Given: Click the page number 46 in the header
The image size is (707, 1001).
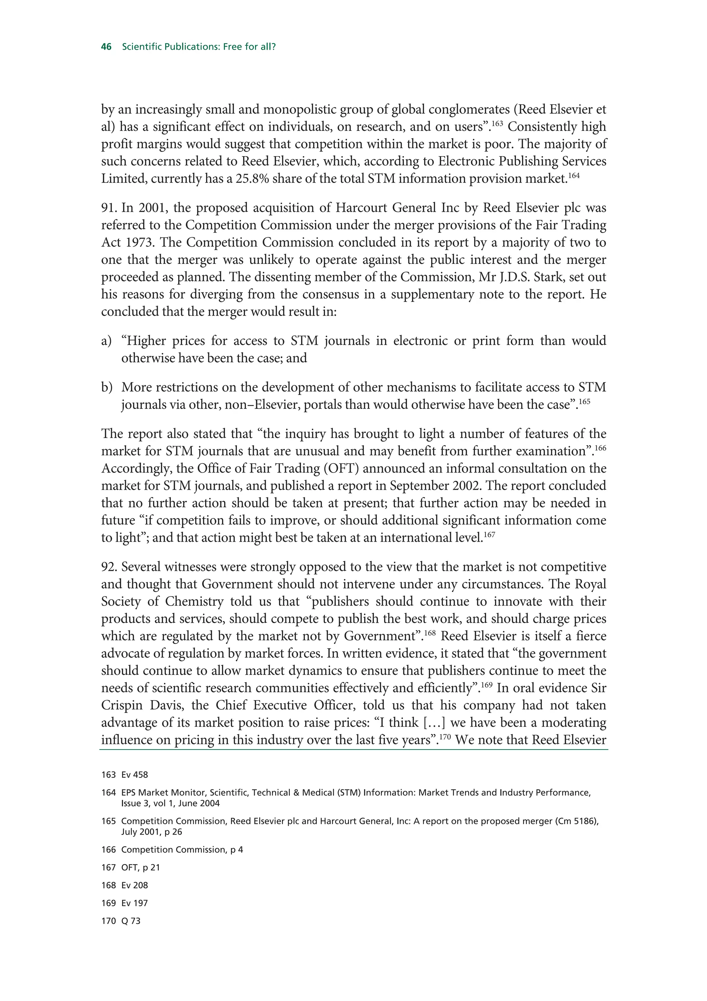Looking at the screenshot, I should [106, 47].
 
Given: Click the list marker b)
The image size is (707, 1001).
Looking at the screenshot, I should [107, 388].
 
